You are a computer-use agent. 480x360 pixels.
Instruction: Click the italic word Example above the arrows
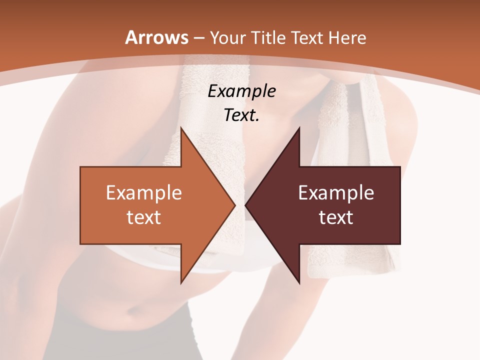pyautogui.click(x=241, y=91)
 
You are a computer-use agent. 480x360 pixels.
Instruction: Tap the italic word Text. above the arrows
pyautogui.click(x=241, y=115)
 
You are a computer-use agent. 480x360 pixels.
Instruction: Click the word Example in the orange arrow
pyautogui.click(x=143, y=192)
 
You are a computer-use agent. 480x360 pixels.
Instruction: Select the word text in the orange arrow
pyautogui.click(x=143, y=217)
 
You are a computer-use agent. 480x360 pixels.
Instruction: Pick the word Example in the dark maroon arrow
pyautogui.click(x=336, y=192)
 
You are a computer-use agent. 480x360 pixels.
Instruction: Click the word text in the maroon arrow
pyautogui.click(x=336, y=217)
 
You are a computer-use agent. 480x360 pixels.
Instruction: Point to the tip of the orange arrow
pyautogui.click(x=234, y=205)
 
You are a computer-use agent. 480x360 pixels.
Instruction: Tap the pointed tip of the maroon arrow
pyautogui.click(x=246, y=205)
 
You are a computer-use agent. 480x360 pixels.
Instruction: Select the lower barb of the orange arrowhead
pyautogui.click(x=182, y=281)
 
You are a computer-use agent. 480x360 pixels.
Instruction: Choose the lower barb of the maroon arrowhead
pyautogui.click(x=298, y=281)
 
